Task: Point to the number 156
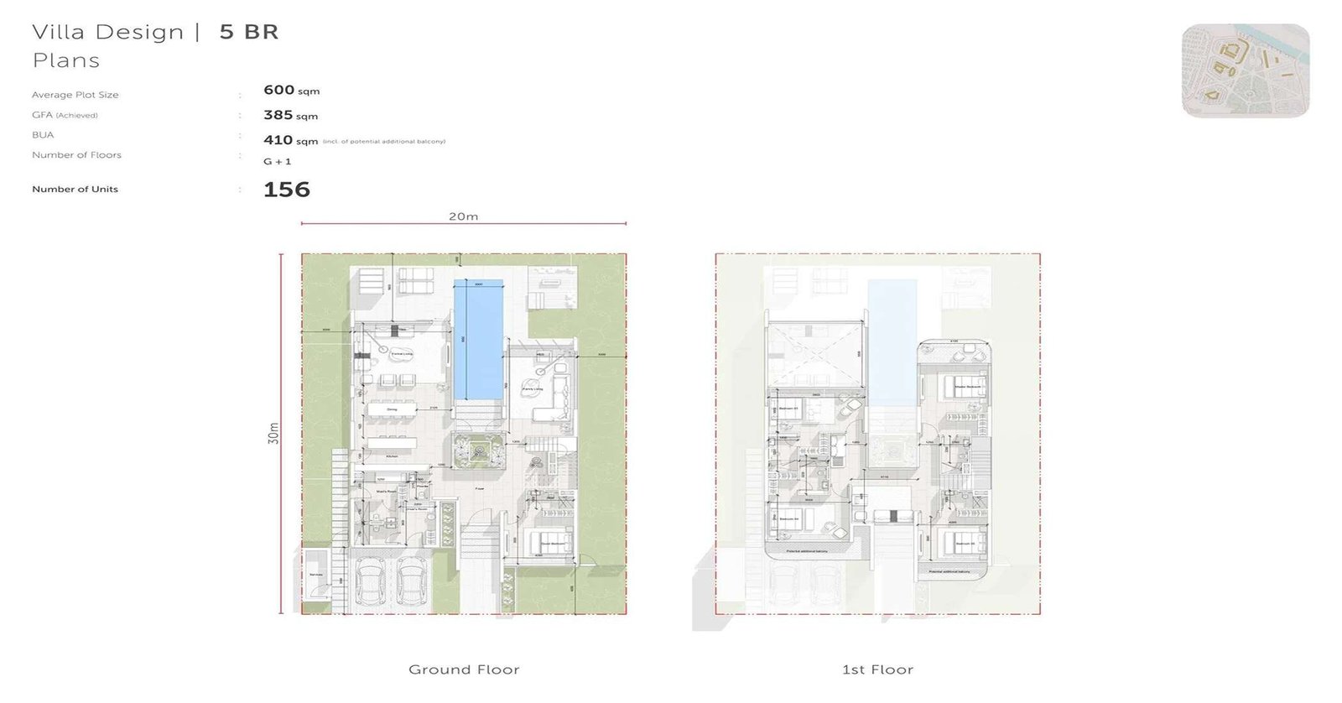point(287,190)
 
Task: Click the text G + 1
point(277,161)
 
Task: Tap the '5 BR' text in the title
point(248,32)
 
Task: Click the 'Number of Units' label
point(75,190)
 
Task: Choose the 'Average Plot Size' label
point(75,95)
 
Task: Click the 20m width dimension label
point(463,216)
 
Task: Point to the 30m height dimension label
point(273,433)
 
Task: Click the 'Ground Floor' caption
point(464,669)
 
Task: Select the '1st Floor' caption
point(877,669)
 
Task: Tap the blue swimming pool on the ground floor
point(478,340)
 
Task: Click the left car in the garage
point(370,581)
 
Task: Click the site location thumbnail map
point(1246,70)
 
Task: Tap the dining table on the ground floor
point(392,410)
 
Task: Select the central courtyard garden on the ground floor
point(478,450)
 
